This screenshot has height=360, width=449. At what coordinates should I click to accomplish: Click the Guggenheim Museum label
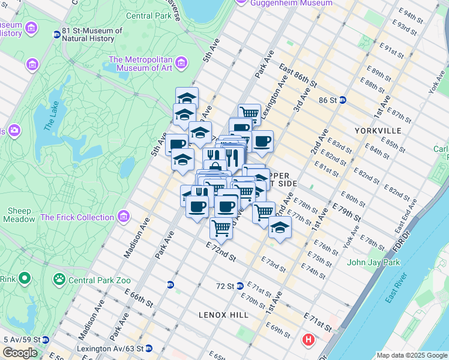point(292,3)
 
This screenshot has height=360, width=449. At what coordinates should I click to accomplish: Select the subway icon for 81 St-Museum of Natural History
point(57,35)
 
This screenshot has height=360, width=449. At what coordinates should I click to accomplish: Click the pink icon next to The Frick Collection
point(123,215)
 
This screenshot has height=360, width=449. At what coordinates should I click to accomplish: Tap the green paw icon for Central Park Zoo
point(59,278)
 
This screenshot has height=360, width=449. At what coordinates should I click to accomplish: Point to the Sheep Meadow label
point(20,215)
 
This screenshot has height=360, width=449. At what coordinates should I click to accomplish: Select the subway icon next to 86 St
point(342,100)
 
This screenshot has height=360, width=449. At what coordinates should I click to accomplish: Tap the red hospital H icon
point(309,340)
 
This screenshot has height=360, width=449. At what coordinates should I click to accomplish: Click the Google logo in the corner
point(20,353)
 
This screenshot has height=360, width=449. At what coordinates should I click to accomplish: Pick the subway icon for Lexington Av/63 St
point(149,348)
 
